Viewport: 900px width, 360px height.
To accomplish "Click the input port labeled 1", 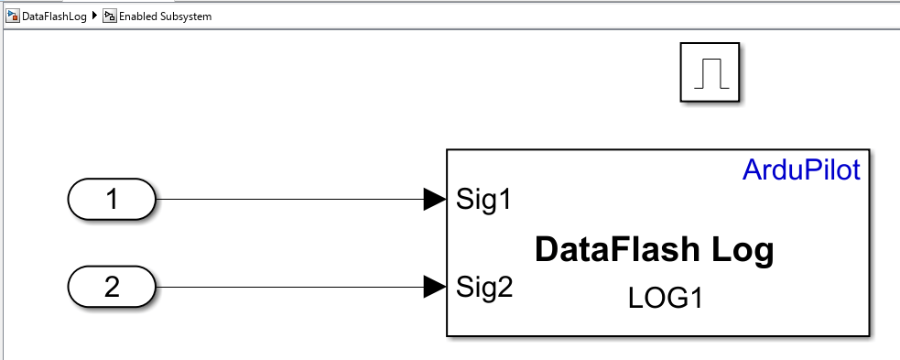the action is (x=112, y=199).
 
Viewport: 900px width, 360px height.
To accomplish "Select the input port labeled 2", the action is (x=112, y=287).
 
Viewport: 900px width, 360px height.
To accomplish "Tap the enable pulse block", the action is (x=710, y=72).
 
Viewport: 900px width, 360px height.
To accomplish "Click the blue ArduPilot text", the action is (x=801, y=170).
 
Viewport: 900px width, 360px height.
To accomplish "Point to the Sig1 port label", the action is (x=483, y=200).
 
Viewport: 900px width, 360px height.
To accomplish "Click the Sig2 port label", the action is (x=483, y=288).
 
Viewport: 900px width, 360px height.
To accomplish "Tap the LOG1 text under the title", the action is (x=666, y=299).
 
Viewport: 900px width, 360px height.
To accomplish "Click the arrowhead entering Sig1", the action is (x=435, y=199).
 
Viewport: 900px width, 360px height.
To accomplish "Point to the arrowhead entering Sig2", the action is (x=435, y=287).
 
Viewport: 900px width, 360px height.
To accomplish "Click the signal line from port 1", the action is (x=290, y=199).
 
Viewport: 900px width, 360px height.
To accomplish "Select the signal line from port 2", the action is (x=290, y=287).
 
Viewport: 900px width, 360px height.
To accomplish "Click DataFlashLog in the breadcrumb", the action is (x=54, y=16).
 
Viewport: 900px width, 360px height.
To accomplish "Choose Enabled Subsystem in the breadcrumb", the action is (x=166, y=16).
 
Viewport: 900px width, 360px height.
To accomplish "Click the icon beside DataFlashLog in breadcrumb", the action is (x=12, y=16).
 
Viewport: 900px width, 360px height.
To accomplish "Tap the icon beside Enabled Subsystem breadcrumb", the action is (x=109, y=16).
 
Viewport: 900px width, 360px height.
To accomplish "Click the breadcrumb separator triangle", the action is (x=94, y=16).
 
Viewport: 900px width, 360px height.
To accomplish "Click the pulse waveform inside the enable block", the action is (x=711, y=74).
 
